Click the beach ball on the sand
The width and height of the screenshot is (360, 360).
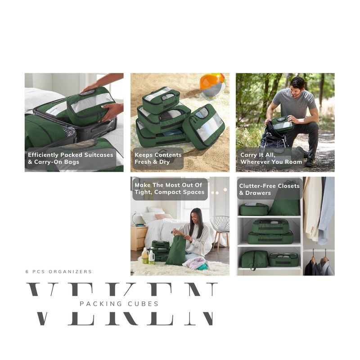[x=212, y=84]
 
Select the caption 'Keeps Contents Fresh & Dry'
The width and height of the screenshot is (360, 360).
[x=158, y=158]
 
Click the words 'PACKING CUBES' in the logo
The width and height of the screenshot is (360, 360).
[x=119, y=304]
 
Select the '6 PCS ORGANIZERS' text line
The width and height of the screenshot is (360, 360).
[x=58, y=272]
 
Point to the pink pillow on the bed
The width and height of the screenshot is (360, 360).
[x=163, y=216]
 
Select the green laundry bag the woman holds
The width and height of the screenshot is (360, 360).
[x=175, y=251]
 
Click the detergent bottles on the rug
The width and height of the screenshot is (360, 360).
[x=148, y=256]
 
